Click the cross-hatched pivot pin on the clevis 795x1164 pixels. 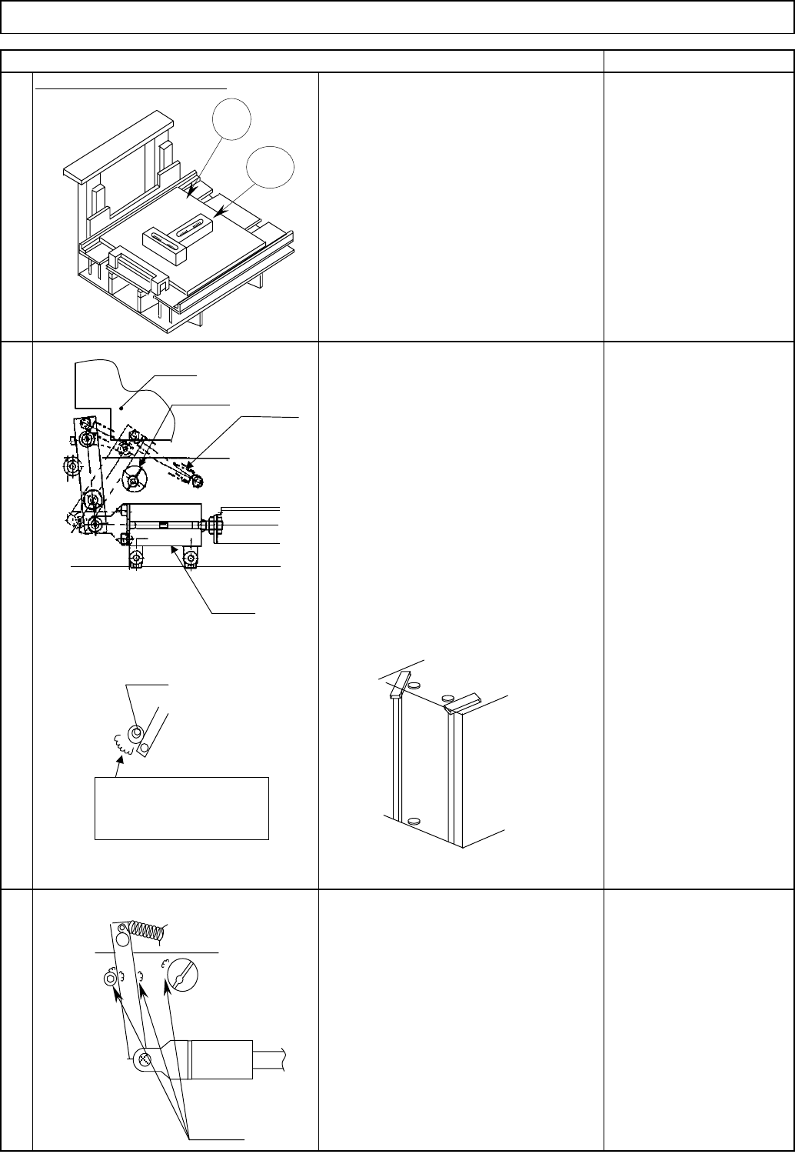point(145,1059)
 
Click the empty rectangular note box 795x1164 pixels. point(181,808)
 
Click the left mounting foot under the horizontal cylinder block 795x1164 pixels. point(136,559)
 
